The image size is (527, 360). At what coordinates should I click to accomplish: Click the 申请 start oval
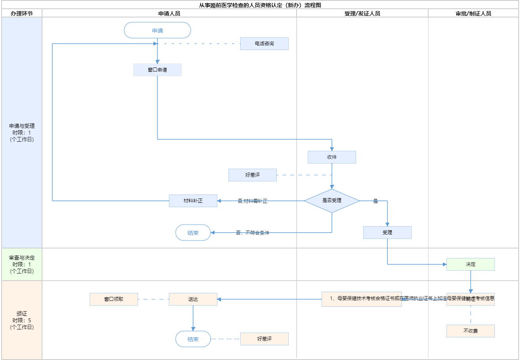[x=157, y=31]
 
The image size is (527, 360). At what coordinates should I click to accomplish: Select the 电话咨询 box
[x=264, y=44]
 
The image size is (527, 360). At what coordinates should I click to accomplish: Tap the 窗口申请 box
[x=157, y=70]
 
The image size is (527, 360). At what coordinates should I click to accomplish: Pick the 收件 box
[x=332, y=157]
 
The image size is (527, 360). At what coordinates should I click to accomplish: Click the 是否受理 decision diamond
[x=332, y=201]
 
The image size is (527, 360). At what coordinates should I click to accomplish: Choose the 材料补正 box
[x=193, y=201]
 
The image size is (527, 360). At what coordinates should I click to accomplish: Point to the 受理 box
[x=387, y=233]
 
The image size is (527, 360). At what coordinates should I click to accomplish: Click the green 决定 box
[x=471, y=264]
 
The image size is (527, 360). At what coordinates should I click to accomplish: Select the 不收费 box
[x=471, y=331]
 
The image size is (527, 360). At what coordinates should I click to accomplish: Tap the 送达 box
[x=193, y=299]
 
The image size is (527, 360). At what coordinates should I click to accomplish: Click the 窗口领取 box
[x=114, y=299]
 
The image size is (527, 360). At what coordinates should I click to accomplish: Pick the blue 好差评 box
[x=253, y=175]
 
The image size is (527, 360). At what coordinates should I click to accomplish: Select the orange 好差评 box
[x=264, y=339]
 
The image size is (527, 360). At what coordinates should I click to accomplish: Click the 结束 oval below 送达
[x=193, y=339]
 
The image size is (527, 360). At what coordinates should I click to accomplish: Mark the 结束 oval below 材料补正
[x=193, y=233]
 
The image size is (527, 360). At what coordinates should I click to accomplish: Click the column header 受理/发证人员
[x=362, y=13]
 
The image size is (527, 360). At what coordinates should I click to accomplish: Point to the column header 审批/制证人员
[x=473, y=13]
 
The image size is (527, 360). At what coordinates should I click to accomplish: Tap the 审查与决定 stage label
[x=22, y=264]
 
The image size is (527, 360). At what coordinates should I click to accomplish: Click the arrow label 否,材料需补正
[x=253, y=201]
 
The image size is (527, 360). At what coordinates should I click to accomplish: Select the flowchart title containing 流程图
[x=260, y=5]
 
